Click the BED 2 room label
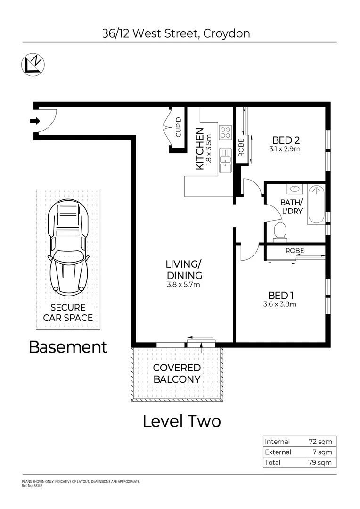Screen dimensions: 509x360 coord(286,140)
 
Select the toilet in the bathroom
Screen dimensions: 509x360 coord(280,231)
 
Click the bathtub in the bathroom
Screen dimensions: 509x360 coord(316,204)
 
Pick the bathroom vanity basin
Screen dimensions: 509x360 coord(295,189)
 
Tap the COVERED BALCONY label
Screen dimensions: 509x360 coord(177,373)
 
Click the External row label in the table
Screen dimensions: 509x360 coord(278,452)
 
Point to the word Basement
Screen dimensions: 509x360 coord(68,347)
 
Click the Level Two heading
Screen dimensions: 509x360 coord(181,421)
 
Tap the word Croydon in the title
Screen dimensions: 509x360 coord(227,33)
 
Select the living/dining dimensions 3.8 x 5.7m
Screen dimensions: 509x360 coord(184,284)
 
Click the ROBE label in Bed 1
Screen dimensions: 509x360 coord(295,251)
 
